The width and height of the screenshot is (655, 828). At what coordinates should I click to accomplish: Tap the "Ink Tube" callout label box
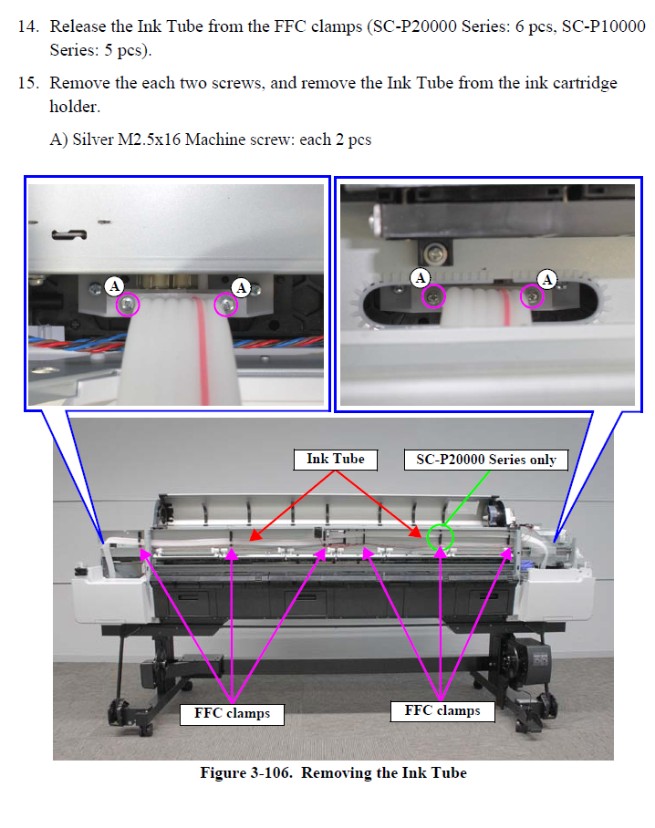click(336, 459)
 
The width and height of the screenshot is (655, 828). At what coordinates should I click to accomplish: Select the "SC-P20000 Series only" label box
click(485, 460)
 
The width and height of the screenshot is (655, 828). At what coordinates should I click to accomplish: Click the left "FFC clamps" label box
click(232, 713)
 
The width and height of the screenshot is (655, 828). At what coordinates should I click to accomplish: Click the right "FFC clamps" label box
click(442, 709)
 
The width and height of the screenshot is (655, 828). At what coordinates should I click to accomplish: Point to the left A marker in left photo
click(115, 285)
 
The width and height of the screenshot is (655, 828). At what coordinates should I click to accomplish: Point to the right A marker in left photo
click(241, 287)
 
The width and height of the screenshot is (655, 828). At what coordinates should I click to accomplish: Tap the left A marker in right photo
click(421, 277)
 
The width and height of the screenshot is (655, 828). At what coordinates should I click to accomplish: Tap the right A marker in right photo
click(547, 279)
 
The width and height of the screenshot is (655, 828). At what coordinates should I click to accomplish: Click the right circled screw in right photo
click(532, 296)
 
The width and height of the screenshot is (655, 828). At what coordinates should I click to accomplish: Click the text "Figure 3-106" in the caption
click(245, 773)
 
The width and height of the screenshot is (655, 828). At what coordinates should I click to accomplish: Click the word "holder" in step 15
click(72, 107)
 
